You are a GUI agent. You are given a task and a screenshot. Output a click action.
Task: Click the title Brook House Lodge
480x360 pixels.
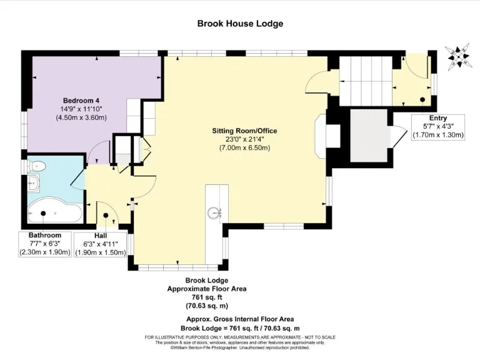pos(240,24)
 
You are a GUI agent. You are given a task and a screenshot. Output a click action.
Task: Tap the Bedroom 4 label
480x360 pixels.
pos(81,100)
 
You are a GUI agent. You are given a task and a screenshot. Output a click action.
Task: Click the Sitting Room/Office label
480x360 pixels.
pos(244,131)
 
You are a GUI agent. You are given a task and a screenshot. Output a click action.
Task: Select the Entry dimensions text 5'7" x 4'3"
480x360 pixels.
pos(437,126)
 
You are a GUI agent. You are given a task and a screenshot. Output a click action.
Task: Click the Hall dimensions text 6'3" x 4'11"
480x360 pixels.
pos(101,244)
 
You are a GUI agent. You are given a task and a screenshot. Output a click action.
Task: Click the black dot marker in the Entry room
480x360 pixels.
pos(422,99)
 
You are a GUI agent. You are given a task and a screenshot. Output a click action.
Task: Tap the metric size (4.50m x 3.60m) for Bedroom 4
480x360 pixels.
pos(81,117)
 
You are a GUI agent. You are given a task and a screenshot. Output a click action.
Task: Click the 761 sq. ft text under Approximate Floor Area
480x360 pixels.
pos(206,298)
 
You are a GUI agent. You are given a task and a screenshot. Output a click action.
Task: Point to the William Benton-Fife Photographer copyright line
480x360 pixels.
pos(240,347)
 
